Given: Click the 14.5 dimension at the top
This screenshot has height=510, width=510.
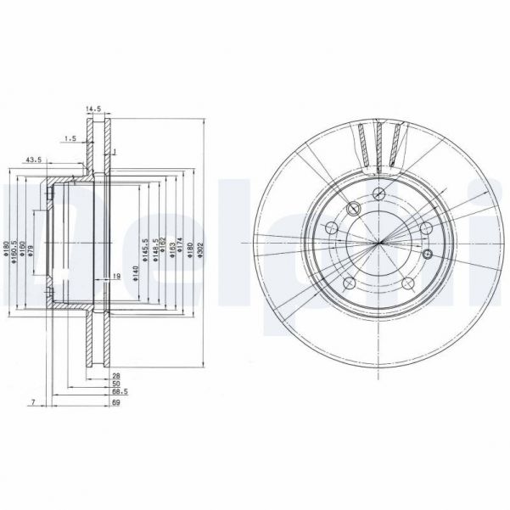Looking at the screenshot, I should tap(93, 109).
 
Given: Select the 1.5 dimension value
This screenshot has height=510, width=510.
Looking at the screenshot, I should tap(71, 137).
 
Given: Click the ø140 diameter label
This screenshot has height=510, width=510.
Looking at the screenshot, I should tap(135, 273).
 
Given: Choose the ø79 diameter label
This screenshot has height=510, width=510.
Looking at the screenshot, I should tap(31, 250).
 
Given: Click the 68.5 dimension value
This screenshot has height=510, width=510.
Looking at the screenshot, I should tap(120, 392).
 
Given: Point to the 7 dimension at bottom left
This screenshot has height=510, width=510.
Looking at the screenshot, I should tap(31, 401).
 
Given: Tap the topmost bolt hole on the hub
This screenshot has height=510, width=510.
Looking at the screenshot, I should tap(376, 194).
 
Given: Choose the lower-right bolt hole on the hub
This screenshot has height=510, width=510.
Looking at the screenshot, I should tap(409, 283).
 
